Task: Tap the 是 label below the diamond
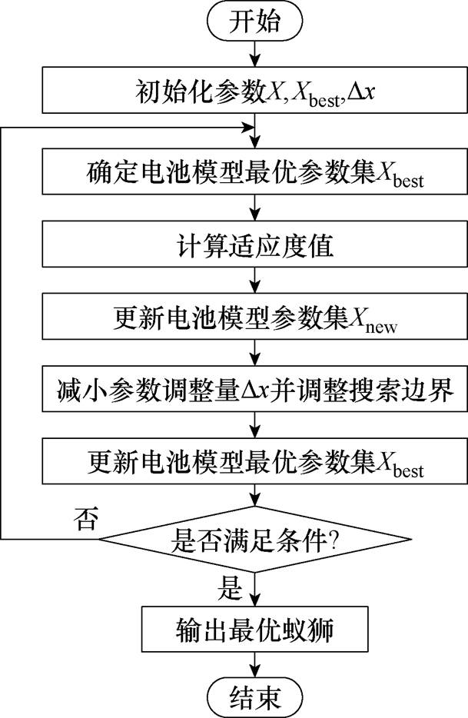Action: tap(231, 589)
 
